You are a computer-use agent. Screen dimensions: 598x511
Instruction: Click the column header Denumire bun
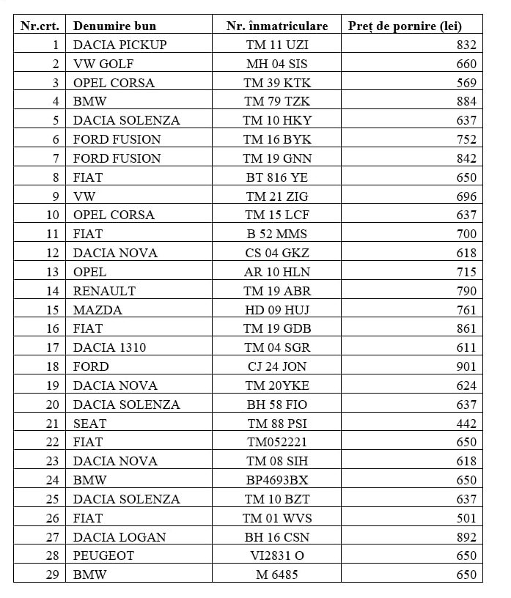[x=114, y=26]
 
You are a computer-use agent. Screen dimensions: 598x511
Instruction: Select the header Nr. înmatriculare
[x=277, y=26]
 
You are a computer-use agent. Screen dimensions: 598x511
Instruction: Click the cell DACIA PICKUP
[x=120, y=45]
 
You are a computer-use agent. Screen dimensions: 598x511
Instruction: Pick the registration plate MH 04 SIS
[x=277, y=64]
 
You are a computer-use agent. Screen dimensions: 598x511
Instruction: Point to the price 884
[x=466, y=102]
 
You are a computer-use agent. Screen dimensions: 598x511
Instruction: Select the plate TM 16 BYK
[x=277, y=139]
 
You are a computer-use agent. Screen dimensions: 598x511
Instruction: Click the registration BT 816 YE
[x=277, y=177]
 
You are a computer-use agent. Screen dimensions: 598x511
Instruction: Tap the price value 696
[x=466, y=196]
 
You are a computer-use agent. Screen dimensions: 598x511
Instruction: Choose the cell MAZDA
[x=98, y=310]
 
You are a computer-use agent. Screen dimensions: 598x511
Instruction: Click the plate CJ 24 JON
[x=277, y=366]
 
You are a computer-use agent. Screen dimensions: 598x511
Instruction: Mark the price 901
[x=466, y=366]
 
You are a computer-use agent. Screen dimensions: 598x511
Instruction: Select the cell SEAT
[x=89, y=424]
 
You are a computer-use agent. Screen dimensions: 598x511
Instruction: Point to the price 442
[x=466, y=424]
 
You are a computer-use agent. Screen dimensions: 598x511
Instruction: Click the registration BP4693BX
[x=277, y=480]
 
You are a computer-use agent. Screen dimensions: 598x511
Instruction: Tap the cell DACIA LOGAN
[x=120, y=537]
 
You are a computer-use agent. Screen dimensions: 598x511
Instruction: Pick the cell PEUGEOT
[x=103, y=556]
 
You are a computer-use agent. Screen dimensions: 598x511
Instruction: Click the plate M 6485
[x=277, y=575]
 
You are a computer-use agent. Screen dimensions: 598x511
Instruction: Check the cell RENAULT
[x=104, y=291]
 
